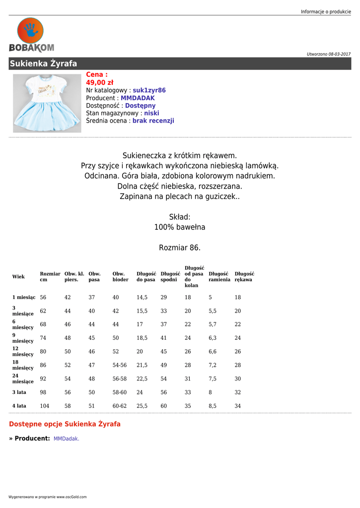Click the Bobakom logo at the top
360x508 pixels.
(31, 35)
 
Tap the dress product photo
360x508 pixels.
(47, 103)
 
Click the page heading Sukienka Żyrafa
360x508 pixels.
(43, 63)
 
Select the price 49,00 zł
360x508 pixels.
(99, 82)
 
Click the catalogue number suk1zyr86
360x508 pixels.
(149, 90)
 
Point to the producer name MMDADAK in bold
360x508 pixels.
(138, 98)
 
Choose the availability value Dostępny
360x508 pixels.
(140, 106)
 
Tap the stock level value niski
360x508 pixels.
(151, 113)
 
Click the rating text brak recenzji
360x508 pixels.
(153, 121)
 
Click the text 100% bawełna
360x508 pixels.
(180, 227)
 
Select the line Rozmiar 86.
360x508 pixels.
(180, 248)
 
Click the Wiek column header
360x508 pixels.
(18, 276)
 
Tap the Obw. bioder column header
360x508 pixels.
(120, 276)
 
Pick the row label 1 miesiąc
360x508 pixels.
(24, 297)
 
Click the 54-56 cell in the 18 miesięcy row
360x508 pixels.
(120, 365)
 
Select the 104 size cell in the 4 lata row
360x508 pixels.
(45, 406)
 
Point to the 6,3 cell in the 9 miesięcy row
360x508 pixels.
(213, 338)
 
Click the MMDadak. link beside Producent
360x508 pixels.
(67, 439)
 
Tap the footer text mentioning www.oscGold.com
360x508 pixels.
(48, 497)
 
